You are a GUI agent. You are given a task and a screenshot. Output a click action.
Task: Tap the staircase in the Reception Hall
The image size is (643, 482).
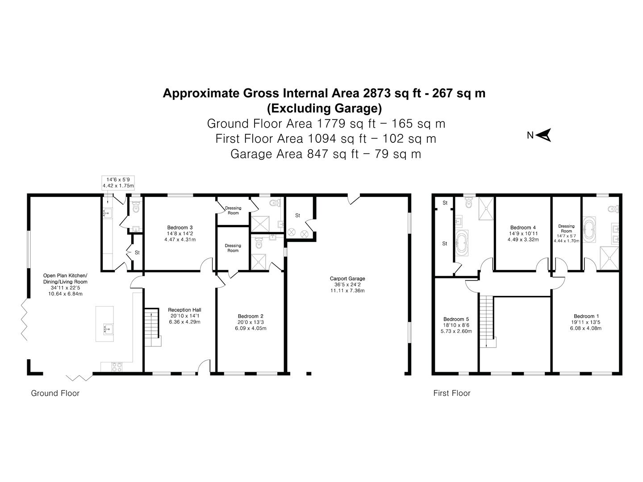point(152,327)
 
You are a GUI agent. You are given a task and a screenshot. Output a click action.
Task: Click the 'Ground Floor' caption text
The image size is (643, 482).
point(55,393)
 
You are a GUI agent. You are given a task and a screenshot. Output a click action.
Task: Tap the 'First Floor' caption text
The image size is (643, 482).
point(452,393)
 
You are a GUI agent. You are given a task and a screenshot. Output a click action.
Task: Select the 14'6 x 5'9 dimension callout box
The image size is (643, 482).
point(118,182)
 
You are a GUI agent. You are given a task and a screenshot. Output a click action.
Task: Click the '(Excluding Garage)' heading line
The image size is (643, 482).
point(324,108)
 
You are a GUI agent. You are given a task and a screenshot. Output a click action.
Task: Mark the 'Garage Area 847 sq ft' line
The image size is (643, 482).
point(326,154)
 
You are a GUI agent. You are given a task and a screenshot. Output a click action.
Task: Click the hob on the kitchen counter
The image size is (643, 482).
point(117,366)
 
